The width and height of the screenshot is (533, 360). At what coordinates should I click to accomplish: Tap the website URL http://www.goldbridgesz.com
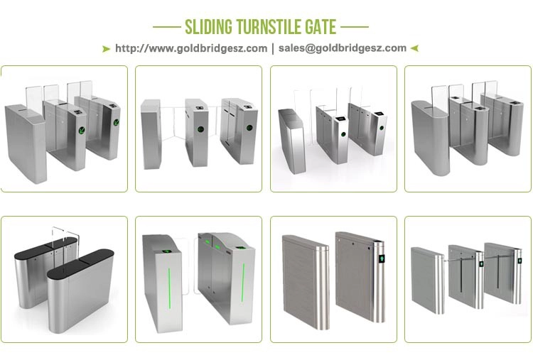click(x=191, y=48)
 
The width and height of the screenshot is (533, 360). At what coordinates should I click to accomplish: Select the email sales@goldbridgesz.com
click(x=343, y=48)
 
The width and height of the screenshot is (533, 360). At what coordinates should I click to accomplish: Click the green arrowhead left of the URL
click(x=106, y=49)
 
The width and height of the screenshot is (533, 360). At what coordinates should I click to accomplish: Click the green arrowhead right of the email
click(x=414, y=48)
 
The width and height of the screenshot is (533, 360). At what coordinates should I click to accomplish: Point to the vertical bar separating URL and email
click(x=273, y=48)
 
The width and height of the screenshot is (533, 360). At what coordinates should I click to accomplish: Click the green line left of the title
click(x=167, y=27)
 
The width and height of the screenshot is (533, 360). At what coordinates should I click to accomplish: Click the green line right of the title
click(x=355, y=27)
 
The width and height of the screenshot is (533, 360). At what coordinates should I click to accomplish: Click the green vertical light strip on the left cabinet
click(x=169, y=288)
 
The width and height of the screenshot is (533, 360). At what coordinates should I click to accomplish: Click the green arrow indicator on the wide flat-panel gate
click(x=382, y=258)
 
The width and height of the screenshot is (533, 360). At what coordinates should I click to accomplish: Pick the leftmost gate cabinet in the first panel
click(x=25, y=143)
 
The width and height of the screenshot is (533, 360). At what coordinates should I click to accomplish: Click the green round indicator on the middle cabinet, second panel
click(x=200, y=129)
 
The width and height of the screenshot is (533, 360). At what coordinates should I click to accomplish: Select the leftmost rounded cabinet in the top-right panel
click(x=430, y=138)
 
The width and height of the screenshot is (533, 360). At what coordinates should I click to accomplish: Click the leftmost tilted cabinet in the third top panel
click(x=292, y=141)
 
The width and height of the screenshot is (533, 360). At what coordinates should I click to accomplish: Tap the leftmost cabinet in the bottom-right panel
click(x=427, y=280)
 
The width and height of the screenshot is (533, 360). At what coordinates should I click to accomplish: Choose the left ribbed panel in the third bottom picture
click(x=306, y=282)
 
